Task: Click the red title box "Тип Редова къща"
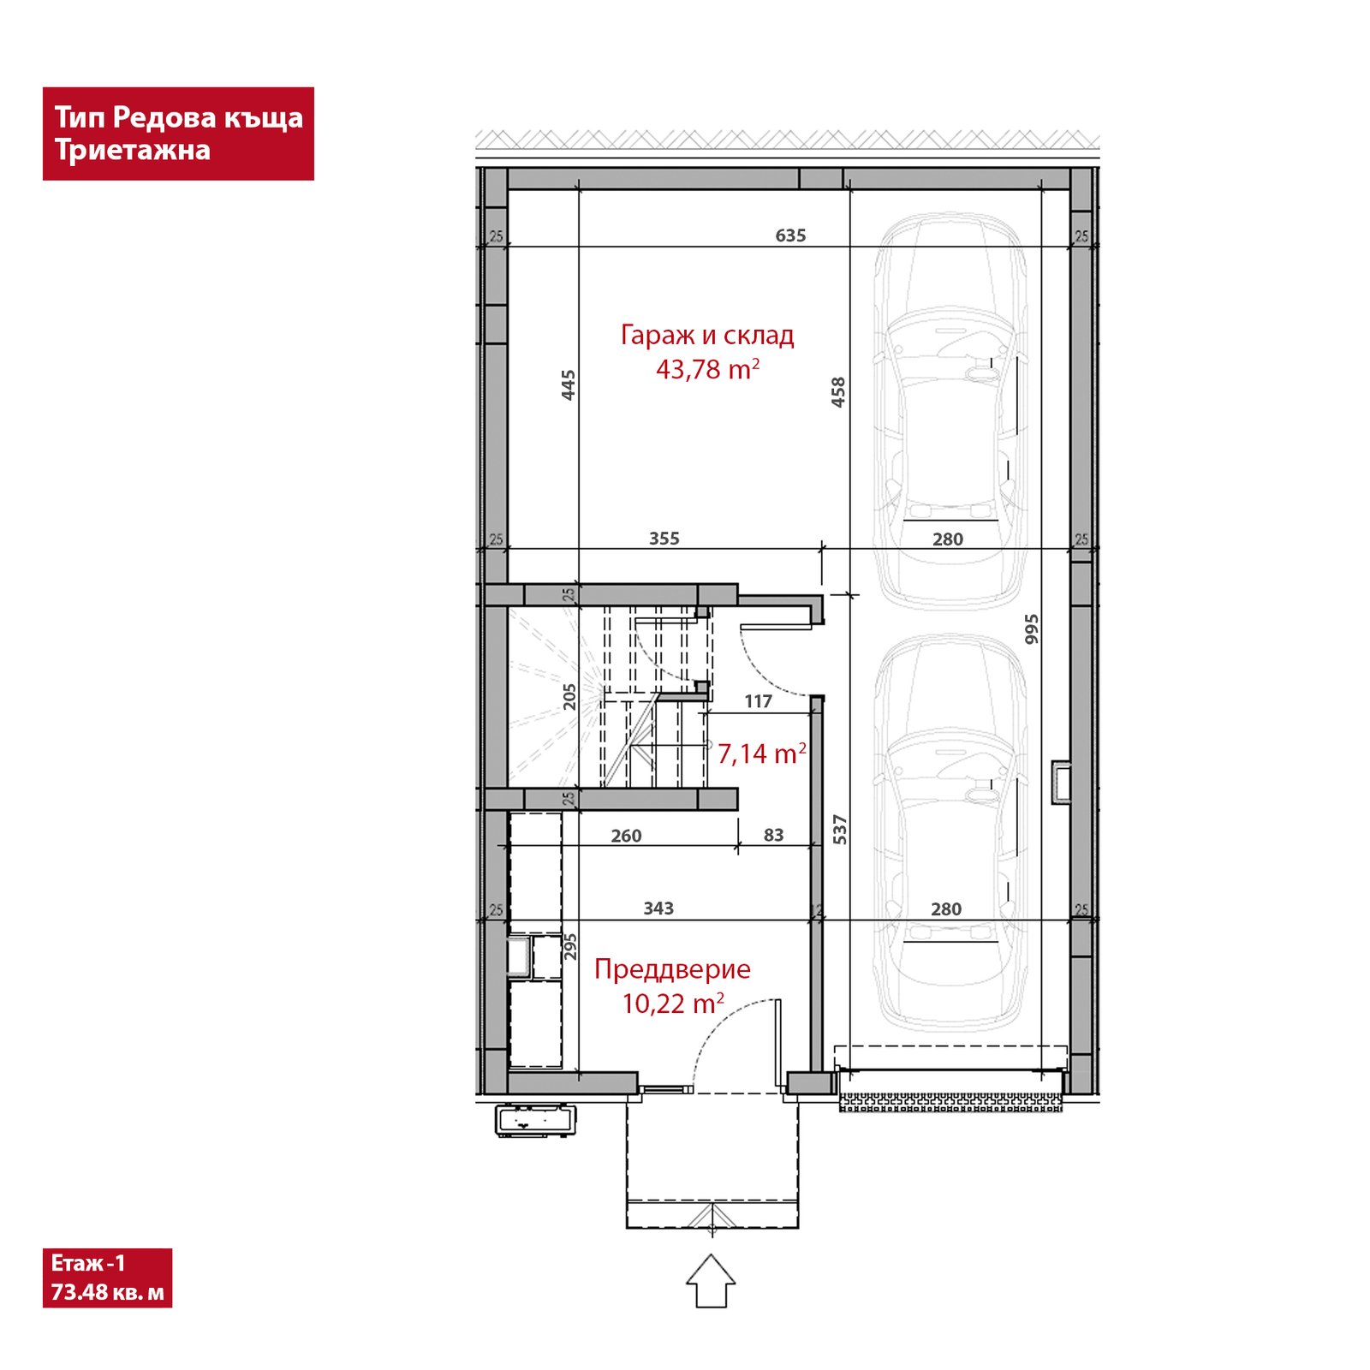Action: pyautogui.click(x=178, y=134)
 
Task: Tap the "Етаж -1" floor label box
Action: pyautogui.click(x=107, y=1278)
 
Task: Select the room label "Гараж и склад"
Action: pyautogui.click(x=707, y=335)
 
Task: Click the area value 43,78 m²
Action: pyautogui.click(x=708, y=369)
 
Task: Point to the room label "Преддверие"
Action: pyautogui.click(x=672, y=969)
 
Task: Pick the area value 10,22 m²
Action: pyautogui.click(x=673, y=1004)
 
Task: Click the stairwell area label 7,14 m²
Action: pyautogui.click(x=762, y=753)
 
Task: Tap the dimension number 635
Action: pyautogui.click(x=790, y=235)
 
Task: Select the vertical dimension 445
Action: pyautogui.click(x=569, y=385)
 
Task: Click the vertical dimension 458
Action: pyautogui.click(x=838, y=392)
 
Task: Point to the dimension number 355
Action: pyautogui.click(x=664, y=539)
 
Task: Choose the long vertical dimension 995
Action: pyautogui.click(x=1032, y=629)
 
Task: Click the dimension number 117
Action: pyautogui.click(x=759, y=702)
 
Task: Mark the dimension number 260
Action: pyautogui.click(x=627, y=836)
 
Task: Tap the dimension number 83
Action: pyautogui.click(x=774, y=835)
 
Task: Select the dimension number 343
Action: pyautogui.click(x=658, y=908)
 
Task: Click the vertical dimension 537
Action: pyautogui.click(x=840, y=830)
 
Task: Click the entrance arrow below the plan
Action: pyautogui.click(x=711, y=1281)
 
